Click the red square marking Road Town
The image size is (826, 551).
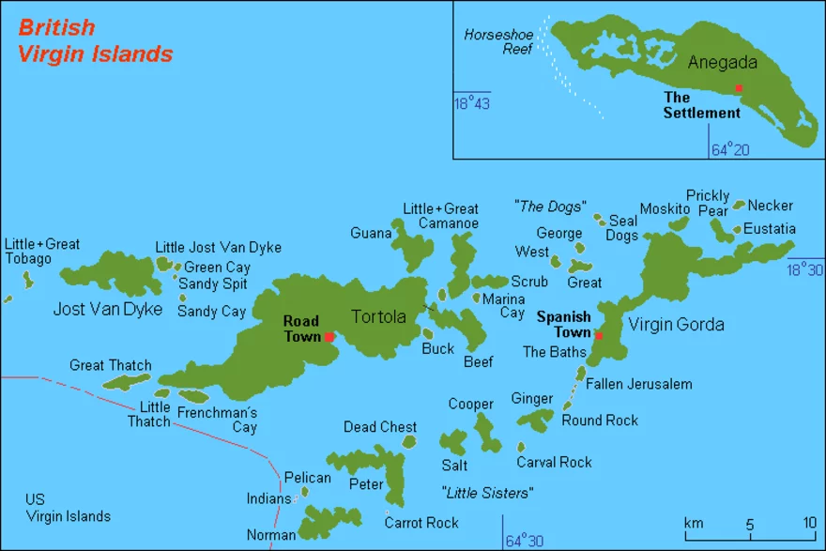click(x=329, y=337)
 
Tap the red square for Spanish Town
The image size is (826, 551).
click(x=599, y=336)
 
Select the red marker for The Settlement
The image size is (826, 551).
click(x=739, y=88)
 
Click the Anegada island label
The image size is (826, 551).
click(x=722, y=63)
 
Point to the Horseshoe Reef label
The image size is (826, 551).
click(x=498, y=43)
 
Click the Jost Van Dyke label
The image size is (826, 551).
click(x=109, y=309)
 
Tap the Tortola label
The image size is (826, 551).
click(x=378, y=316)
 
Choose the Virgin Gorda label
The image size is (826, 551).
click(x=676, y=325)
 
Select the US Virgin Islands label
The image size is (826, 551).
click(x=68, y=508)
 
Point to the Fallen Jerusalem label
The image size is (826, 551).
click(x=638, y=384)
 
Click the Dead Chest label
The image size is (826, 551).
click(x=380, y=427)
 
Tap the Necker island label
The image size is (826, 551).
click(x=770, y=206)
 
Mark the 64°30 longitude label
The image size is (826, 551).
click(x=525, y=541)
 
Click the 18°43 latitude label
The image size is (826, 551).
click(x=472, y=103)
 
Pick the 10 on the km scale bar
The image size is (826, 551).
click(x=808, y=522)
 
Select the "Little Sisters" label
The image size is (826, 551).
click(x=487, y=493)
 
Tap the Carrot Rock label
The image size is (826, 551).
click(x=421, y=523)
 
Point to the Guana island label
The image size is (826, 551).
click(x=371, y=233)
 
